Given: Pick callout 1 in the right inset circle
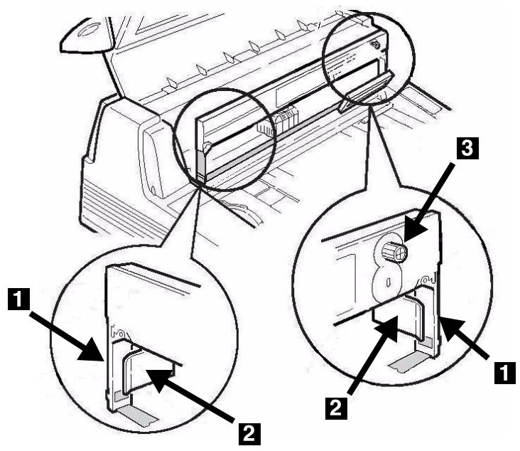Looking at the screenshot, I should click(505, 371).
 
